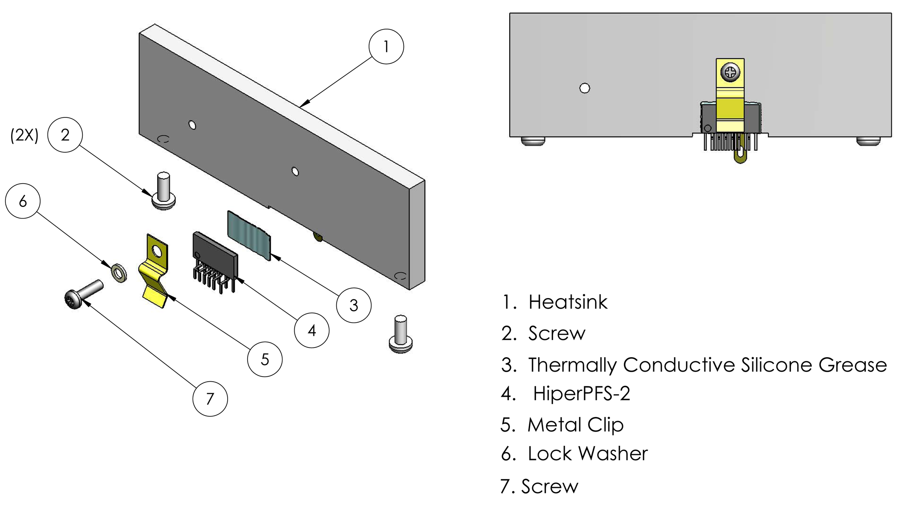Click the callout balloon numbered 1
(x=386, y=46)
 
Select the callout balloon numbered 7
(x=210, y=398)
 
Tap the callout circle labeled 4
(x=311, y=331)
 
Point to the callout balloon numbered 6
(x=23, y=201)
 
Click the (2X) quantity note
(x=24, y=135)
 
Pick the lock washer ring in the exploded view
(x=119, y=273)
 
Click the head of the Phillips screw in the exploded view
(x=72, y=300)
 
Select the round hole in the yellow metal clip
(x=157, y=251)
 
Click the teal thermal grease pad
(x=249, y=235)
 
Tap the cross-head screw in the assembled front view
(x=730, y=72)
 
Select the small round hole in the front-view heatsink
(x=584, y=88)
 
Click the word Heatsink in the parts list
(x=568, y=302)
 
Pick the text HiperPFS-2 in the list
(x=581, y=393)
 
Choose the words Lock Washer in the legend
(x=588, y=453)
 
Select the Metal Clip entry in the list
(x=575, y=425)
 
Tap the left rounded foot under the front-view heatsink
(x=533, y=142)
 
